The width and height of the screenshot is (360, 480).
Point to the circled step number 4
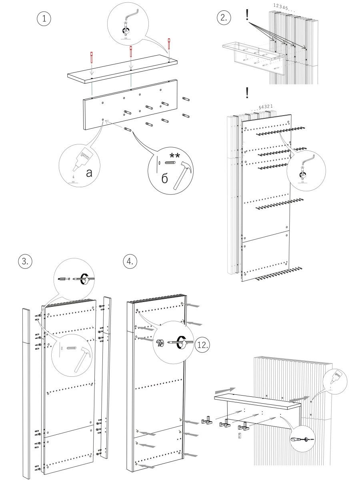tap(130, 262)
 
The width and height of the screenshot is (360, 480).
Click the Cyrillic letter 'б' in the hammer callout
tap(165, 179)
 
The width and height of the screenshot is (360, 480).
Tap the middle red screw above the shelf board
tap(131, 52)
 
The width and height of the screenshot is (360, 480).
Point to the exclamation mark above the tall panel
tap(248, 92)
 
